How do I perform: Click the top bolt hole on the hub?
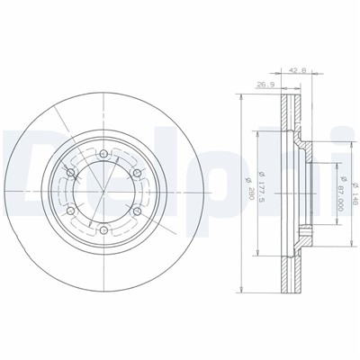point(101,150)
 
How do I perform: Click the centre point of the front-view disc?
point(101,190)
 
